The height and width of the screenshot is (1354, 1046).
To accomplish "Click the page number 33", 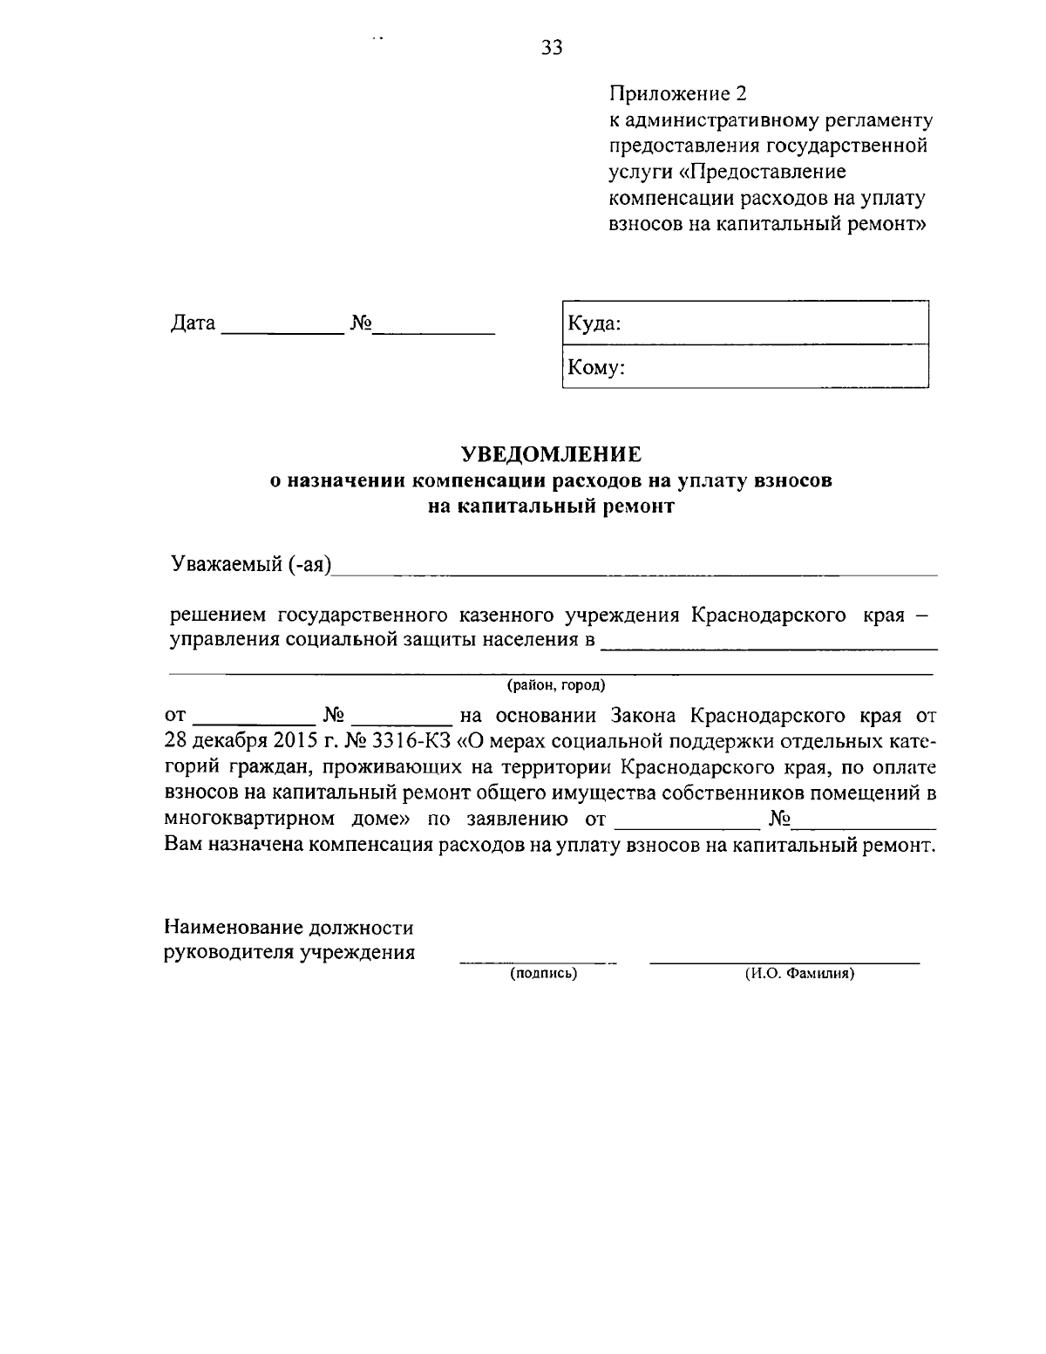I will [x=552, y=48].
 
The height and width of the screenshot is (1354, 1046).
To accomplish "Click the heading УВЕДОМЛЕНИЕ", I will [x=551, y=454].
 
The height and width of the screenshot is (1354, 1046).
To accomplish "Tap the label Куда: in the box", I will [x=594, y=324].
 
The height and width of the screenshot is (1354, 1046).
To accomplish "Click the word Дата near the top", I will [x=193, y=323].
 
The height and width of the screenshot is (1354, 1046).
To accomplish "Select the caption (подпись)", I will [x=544, y=974].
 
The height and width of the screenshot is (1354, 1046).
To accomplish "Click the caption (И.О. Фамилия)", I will [x=798, y=974].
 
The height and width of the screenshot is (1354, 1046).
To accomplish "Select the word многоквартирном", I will [x=250, y=820].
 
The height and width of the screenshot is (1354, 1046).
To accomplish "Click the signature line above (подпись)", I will [x=538, y=963].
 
